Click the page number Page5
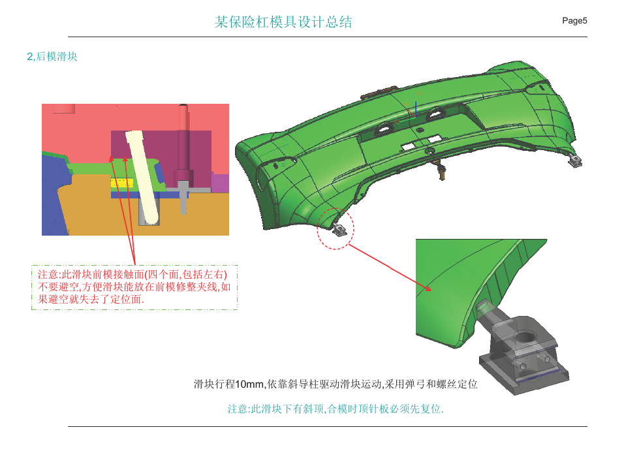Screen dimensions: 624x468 point(574,21)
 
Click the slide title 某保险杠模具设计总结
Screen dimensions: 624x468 point(283,22)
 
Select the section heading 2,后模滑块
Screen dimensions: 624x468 point(52,57)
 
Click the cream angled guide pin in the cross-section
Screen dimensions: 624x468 point(143,178)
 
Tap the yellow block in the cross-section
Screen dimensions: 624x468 point(122,183)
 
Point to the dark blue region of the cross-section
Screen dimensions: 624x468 point(54,195)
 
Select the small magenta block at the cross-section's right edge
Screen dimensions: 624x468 point(220,183)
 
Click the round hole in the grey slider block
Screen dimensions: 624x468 point(527,337)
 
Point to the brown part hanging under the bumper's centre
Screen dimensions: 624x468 point(441,170)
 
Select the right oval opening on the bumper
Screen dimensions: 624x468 point(435,114)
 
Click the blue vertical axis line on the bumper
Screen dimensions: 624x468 point(416,110)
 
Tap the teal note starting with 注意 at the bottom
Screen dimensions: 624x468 point(335,409)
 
